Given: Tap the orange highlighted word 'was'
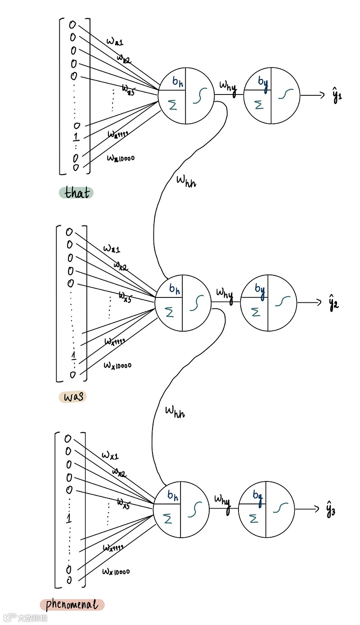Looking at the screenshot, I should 72,397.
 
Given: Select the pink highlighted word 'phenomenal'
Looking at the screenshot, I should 72,605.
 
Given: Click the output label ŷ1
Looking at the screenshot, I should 337,96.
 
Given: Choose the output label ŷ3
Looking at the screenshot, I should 331,511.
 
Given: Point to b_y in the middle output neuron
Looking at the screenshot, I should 259,288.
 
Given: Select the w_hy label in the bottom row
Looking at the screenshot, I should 222,499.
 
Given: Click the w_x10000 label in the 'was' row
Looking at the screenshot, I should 117,364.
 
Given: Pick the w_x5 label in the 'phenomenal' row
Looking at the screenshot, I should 123,503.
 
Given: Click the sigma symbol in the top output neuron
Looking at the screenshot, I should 258,105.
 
